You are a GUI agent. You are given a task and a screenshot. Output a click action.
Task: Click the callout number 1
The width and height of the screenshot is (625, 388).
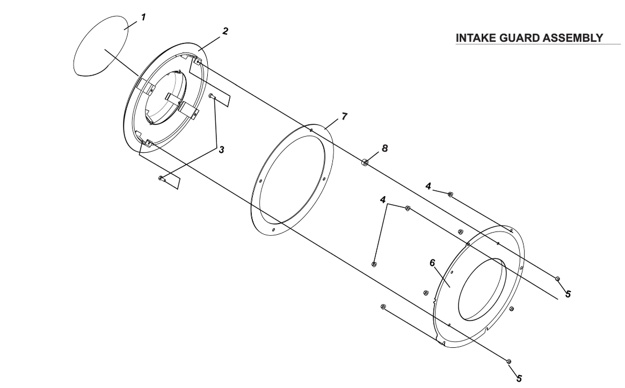point(143,17)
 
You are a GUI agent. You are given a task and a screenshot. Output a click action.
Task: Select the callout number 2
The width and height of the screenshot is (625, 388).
point(225,31)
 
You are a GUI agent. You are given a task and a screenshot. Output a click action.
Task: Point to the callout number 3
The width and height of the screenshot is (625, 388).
point(221,150)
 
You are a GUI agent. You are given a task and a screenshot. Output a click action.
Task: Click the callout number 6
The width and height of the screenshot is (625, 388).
point(432,263)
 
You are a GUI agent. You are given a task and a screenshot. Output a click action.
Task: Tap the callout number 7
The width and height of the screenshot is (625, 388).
point(344,117)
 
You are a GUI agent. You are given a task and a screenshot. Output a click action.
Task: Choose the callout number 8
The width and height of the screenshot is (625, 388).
point(384,148)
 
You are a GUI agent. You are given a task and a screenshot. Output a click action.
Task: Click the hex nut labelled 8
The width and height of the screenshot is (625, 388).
point(365,162)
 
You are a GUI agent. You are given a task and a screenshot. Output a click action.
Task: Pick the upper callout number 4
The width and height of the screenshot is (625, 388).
point(428,186)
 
